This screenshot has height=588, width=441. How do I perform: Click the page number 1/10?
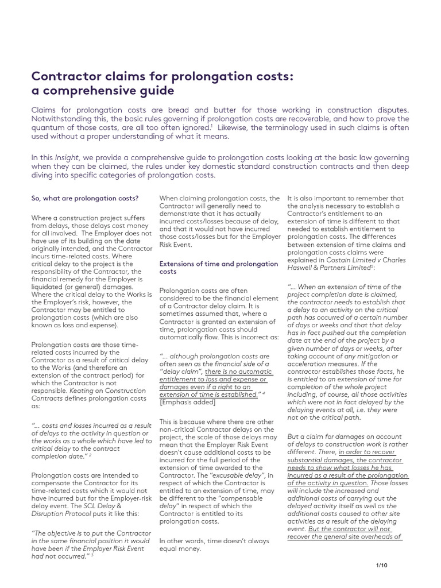(x=382, y=565)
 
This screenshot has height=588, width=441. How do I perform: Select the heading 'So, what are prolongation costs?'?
(x=84, y=199)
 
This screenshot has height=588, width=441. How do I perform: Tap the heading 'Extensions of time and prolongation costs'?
(x=218, y=267)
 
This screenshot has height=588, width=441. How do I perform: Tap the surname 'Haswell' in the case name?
(x=301, y=268)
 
